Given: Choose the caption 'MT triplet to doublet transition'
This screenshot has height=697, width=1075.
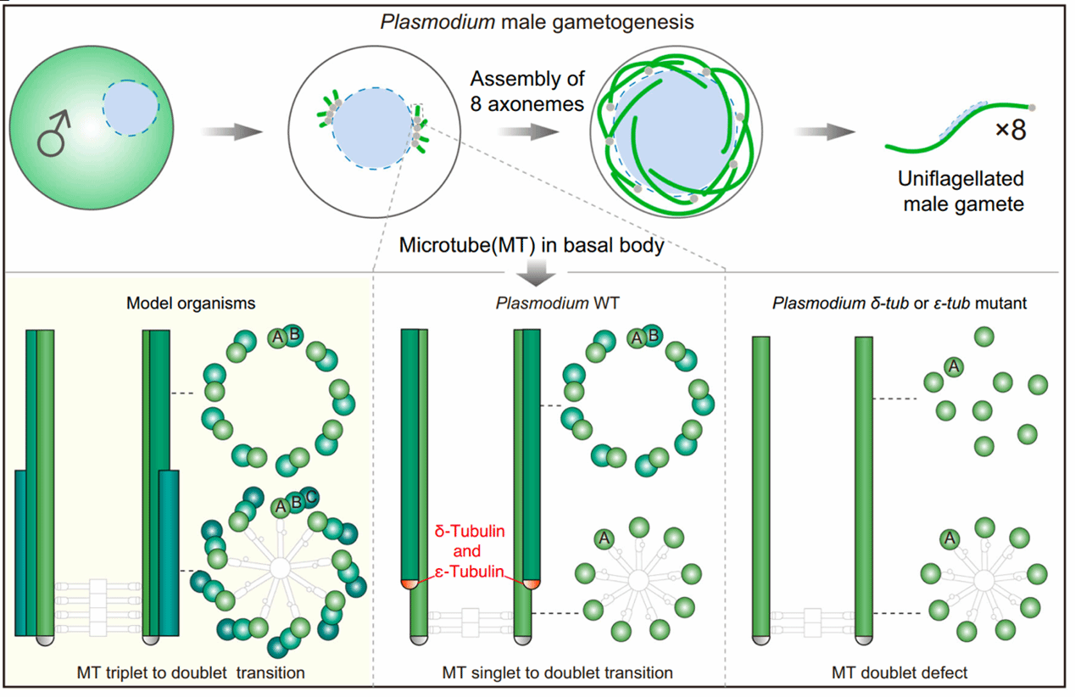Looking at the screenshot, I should click(x=189, y=673).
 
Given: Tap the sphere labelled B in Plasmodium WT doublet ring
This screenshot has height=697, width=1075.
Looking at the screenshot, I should click(x=653, y=336).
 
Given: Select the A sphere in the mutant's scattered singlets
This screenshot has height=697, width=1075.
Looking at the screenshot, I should click(x=952, y=366).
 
